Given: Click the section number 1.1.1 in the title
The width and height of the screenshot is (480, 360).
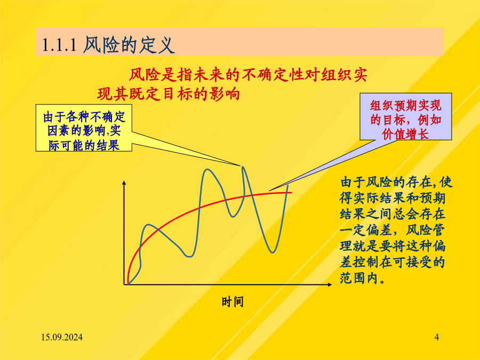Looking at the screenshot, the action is point(59,45).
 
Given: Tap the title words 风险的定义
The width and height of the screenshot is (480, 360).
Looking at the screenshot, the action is point(129,45).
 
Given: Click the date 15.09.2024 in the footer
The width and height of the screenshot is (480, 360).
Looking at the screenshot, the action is point(62,338).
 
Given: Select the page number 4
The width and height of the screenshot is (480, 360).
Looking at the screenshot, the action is point(436,338).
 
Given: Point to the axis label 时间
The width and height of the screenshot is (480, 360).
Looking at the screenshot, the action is point(233,302).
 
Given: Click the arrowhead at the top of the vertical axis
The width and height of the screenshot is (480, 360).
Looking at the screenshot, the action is point(124,183).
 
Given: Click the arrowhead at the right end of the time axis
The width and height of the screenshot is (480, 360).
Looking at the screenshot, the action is point(330,284).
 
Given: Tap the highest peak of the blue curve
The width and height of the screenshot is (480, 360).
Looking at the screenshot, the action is point(243,167).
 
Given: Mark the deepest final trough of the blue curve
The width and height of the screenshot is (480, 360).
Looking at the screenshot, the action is point(272,252).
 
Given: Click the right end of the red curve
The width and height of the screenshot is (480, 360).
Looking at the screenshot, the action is point(291,192).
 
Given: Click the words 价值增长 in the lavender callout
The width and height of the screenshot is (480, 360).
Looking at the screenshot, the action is point(405,134).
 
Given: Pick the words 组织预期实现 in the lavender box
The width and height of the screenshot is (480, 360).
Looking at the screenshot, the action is point(405,106).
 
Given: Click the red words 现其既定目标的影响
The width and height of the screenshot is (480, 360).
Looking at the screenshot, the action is point(169,94).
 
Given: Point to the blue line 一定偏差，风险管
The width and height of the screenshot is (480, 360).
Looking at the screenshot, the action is point(392,230).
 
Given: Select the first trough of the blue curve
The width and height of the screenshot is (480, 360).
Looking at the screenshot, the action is point(189,256).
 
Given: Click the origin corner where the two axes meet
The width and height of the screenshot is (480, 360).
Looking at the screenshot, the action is point(124,284).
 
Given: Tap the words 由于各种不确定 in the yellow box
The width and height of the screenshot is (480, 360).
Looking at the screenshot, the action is point(84,117).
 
